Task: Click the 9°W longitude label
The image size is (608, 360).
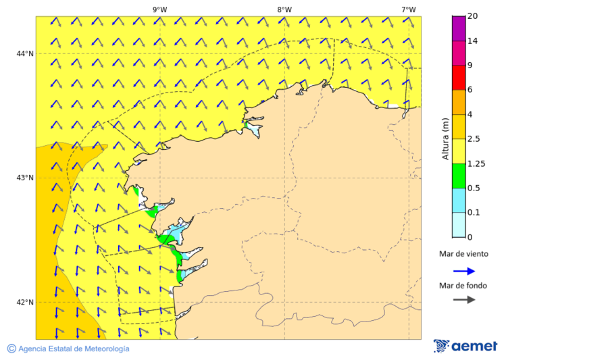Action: coord(159,9)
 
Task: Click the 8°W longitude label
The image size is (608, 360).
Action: coord(284,9)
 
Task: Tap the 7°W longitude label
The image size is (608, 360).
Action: coord(408,9)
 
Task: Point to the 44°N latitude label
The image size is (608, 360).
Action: coord(25,53)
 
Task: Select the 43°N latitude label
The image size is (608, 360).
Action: coord(25,178)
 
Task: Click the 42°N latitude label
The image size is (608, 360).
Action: coord(25,302)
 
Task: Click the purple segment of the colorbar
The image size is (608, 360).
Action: coord(459,28)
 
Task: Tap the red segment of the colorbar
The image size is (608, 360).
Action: coord(459,78)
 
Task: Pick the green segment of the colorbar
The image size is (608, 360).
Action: coord(459,176)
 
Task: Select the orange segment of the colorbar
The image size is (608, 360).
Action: coord(459,102)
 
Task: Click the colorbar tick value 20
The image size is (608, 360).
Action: coord(474,16)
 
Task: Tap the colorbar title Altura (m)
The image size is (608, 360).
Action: coord(445,138)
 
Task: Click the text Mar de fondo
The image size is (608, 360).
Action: coord(463,285)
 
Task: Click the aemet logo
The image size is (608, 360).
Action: coord(465,346)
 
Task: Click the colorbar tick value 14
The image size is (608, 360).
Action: coord(474,41)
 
